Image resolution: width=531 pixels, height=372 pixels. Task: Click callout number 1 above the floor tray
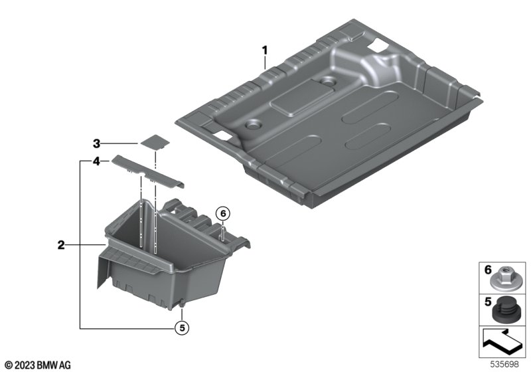tap(265, 50)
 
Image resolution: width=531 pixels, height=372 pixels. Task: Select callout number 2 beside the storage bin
tap(61, 245)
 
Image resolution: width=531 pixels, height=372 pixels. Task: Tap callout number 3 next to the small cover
tap(97, 143)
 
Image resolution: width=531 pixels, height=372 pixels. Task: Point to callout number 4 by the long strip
tap(97, 161)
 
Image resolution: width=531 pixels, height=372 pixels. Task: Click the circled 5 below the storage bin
tap(182, 327)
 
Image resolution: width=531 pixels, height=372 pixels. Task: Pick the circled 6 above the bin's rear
tap(223, 214)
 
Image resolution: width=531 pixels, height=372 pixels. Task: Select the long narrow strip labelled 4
tap(148, 171)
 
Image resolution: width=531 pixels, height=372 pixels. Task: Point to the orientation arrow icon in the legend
tap(502, 342)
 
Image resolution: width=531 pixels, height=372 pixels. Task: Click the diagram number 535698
tap(504, 364)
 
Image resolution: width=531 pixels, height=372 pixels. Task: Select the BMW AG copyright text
tap(38, 365)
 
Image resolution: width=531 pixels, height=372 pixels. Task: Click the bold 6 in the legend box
tap(488, 270)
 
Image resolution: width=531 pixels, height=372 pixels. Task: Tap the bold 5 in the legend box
tap(488, 302)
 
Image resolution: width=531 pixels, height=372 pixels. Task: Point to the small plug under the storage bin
tap(182, 305)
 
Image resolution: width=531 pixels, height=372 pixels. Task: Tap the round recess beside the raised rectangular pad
tap(328, 81)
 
